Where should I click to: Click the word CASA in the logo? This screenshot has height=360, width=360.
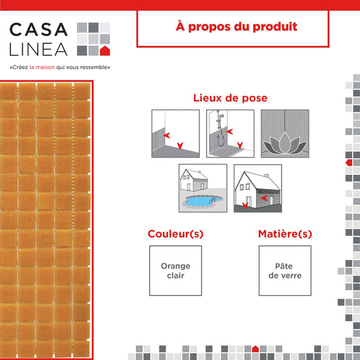coord(38,30)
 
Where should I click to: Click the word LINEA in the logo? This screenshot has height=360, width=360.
coord(38,49)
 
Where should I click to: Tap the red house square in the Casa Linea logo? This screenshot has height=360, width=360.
coord(105,51)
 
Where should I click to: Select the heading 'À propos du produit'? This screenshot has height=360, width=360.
coord(236,27)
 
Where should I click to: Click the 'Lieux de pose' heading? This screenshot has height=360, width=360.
coord(230,98)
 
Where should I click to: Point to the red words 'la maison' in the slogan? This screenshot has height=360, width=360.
coord(42,68)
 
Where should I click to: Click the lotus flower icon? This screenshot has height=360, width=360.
coord(285,143)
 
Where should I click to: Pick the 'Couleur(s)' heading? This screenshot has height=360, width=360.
coord(176,234)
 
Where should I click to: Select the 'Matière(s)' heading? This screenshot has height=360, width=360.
coord(285,234)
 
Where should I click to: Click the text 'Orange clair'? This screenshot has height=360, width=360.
coord(176,271)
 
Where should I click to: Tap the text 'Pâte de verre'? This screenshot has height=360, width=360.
coord(285,271)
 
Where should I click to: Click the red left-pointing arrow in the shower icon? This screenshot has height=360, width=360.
coord(230,132)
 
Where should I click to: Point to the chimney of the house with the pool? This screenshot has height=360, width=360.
coord(199,172)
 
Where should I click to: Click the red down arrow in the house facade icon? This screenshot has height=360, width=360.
coord(245,206)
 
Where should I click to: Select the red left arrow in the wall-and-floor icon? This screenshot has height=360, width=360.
coord(167,135)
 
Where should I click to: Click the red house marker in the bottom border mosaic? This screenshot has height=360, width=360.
coord(255,349)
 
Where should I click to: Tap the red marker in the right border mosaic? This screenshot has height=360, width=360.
coord(349,163)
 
